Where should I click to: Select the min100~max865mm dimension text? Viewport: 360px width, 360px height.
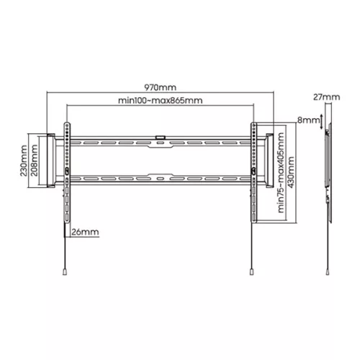point(160,102)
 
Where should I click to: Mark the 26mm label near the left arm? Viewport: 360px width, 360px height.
point(85,232)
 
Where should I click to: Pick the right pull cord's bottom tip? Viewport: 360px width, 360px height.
point(251,272)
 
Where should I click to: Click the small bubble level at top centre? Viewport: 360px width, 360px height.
point(160,134)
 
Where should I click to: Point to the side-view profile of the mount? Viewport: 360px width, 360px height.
point(328,173)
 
